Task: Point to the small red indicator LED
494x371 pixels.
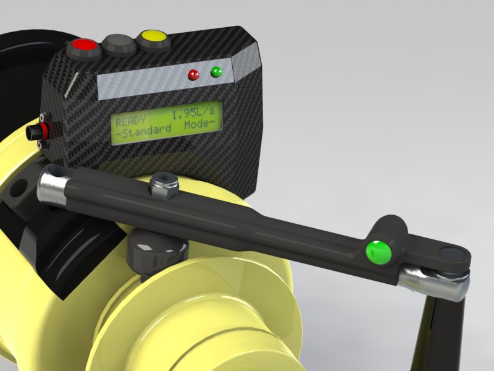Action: pos(193,75)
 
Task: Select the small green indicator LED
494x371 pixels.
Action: pos(217,72)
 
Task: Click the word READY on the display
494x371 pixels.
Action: pos(131,120)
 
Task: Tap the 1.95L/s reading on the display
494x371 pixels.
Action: pos(193,113)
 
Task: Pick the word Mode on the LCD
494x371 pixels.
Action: pos(197,124)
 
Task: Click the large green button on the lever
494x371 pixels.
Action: pos(379,253)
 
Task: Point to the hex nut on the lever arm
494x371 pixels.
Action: pos(164,187)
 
